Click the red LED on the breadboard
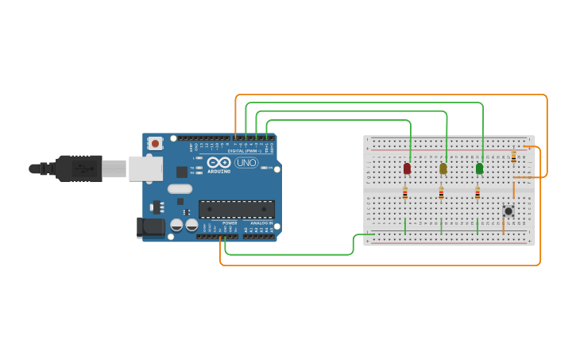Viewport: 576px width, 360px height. click(407, 168)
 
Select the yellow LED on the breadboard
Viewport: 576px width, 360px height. click(443, 168)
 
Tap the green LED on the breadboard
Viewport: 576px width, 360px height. click(479, 168)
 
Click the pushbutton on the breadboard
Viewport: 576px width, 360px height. click(508, 211)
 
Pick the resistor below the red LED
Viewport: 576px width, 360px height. click(405, 193)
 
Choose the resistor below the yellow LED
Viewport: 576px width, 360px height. click(441, 193)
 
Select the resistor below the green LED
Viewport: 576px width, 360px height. click(477, 193)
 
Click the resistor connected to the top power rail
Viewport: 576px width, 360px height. click(513, 157)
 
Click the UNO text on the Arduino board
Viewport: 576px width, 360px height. click(246, 163)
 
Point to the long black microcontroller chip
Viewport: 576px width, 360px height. click(236, 209)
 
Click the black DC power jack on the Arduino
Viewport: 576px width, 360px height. click(149, 227)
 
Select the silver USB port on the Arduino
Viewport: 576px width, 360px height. click(145, 168)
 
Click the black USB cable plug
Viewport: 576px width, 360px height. click(79, 168)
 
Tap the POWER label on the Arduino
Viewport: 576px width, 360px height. click(230, 223)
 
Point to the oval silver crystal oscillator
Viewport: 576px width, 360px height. click(180, 189)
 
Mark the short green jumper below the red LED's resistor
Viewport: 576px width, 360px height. click(405, 226)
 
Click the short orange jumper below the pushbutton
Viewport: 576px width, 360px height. click(503, 227)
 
